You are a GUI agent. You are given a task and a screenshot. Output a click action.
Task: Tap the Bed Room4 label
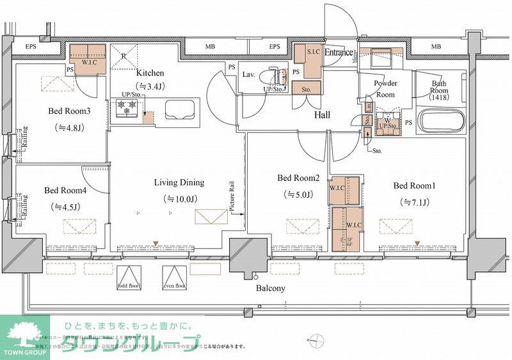(65, 190)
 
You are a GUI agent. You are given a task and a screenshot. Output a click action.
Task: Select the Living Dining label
(178, 183)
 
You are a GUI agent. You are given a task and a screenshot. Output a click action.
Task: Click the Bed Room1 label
(414, 186)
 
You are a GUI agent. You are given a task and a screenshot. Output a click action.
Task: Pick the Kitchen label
(150, 73)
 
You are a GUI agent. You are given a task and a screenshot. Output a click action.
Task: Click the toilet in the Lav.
(280, 77)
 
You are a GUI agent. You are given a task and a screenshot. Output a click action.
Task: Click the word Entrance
(339, 52)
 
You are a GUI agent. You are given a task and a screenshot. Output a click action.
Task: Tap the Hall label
(322, 115)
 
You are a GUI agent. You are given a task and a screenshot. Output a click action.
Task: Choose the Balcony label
(270, 288)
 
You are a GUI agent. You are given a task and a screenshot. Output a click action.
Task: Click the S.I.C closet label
(313, 51)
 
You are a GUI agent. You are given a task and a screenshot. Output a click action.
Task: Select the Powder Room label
(385, 88)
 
